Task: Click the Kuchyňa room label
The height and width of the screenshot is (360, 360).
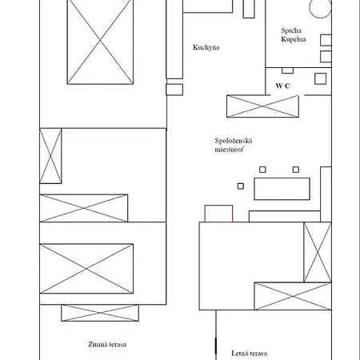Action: pos(206,47)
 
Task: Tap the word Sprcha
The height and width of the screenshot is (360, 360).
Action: pos(291,30)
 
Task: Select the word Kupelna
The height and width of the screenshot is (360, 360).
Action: pos(294,39)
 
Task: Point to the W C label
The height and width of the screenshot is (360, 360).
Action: pos(283,86)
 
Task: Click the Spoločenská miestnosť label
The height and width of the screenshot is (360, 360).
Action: pos(234,145)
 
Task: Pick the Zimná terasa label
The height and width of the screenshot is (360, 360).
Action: pos(107,344)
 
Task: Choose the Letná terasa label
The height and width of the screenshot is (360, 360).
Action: pos(249,354)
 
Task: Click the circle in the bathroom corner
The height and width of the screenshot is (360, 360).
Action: pos(320,8)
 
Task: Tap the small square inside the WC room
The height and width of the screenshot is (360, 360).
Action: pos(320,78)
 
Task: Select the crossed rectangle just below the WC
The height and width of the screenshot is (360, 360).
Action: pos(262,106)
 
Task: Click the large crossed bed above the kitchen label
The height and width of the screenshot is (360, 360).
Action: pos(100,42)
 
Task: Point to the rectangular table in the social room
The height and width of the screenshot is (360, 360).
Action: pos(282,189)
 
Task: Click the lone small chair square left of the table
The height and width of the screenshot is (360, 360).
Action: pos(241,186)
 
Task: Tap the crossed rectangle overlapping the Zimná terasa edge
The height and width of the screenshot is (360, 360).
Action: pos(100,313)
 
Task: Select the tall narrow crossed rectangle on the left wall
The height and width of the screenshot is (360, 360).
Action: pos(50,156)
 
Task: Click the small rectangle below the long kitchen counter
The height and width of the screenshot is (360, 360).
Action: pos(174,90)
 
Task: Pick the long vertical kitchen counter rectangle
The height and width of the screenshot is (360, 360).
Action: pos(174,39)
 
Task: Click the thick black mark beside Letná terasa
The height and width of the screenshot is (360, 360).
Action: pos(216,346)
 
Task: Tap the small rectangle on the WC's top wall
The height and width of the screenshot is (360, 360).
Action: pos(287,70)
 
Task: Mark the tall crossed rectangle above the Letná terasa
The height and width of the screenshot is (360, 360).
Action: pos(318,252)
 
